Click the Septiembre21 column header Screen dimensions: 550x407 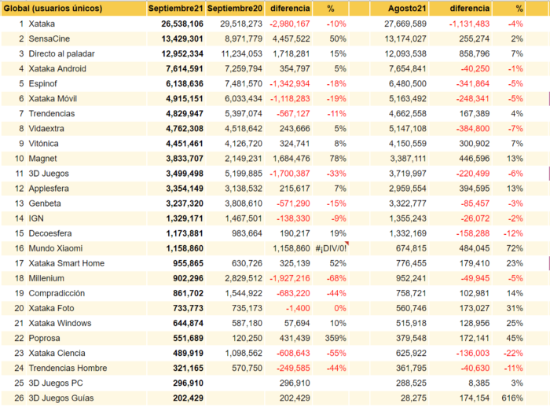click(175, 9)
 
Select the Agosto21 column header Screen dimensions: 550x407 click(407, 9)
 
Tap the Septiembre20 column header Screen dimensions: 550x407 click(235, 9)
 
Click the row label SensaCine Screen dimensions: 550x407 click(49, 38)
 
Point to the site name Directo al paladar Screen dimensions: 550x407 click(62, 53)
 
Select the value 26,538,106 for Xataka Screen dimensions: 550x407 click(182, 24)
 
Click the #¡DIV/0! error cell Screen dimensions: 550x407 click(331, 248)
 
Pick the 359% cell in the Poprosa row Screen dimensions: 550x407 click(335, 338)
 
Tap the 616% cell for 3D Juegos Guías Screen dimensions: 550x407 click(512, 398)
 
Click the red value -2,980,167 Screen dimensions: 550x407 click(290, 24)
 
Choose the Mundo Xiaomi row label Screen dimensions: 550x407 click(56, 248)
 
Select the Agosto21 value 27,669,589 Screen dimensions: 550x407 click(405, 24)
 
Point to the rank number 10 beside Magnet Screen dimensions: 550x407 click(20, 159)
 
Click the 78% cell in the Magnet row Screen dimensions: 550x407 click(338, 159)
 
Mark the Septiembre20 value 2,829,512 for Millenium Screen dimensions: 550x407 click(244, 278)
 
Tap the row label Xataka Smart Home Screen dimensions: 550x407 click(67, 263)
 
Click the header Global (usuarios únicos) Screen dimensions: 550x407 click(53, 9)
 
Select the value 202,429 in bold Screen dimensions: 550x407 click(188, 398)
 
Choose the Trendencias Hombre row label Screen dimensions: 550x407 click(68, 368)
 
